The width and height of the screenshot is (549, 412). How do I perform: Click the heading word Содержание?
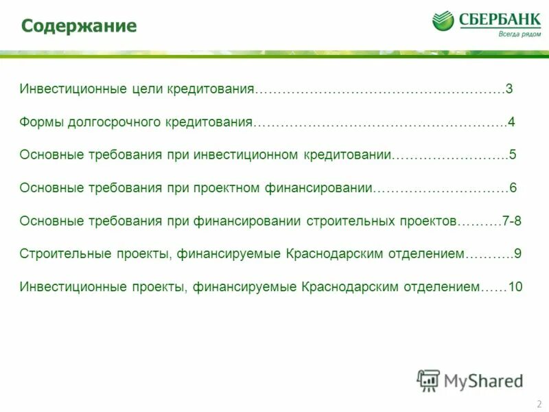coord(78,26)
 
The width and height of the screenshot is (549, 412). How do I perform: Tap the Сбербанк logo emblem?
coord(443,21)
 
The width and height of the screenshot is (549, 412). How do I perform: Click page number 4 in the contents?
coord(511,122)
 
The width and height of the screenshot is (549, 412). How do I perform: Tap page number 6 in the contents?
coord(512,187)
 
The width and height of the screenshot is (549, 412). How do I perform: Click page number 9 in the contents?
coord(518,253)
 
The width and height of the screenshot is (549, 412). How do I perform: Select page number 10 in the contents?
coord(515,286)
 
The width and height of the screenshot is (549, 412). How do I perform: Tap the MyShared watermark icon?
coord(428,380)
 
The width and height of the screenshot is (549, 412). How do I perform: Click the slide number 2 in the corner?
coord(539,403)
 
